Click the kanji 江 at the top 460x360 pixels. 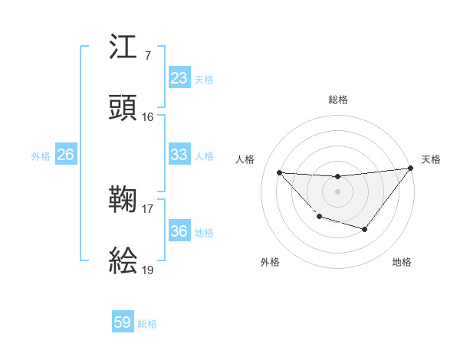pyautogui.click(x=123, y=50)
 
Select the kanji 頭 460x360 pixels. pyautogui.click(x=123, y=109)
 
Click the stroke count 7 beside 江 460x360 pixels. pyautogui.click(x=147, y=56)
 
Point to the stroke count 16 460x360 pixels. pyautogui.click(x=147, y=117)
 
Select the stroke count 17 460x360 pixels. pyautogui.click(x=147, y=208)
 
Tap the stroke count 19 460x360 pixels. pyautogui.click(x=147, y=270)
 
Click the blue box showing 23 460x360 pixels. pyautogui.click(x=179, y=78)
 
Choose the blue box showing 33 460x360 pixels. pyautogui.click(x=179, y=155)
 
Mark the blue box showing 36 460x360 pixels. pyautogui.click(x=179, y=231)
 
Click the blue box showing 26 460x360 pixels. pyautogui.click(x=66, y=155)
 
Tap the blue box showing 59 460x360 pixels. pyautogui.click(x=123, y=322)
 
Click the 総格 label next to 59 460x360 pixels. pyautogui.click(x=148, y=324)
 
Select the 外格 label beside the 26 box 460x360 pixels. pyautogui.click(x=41, y=156)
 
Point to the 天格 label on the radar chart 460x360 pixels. pyautogui.click(x=432, y=159)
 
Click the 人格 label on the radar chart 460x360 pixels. pyautogui.click(x=245, y=159)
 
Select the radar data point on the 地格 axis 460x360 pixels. pyautogui.click(x=365, y=229)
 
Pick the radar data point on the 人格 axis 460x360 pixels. pyautogui.click(x=279, y=172)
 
